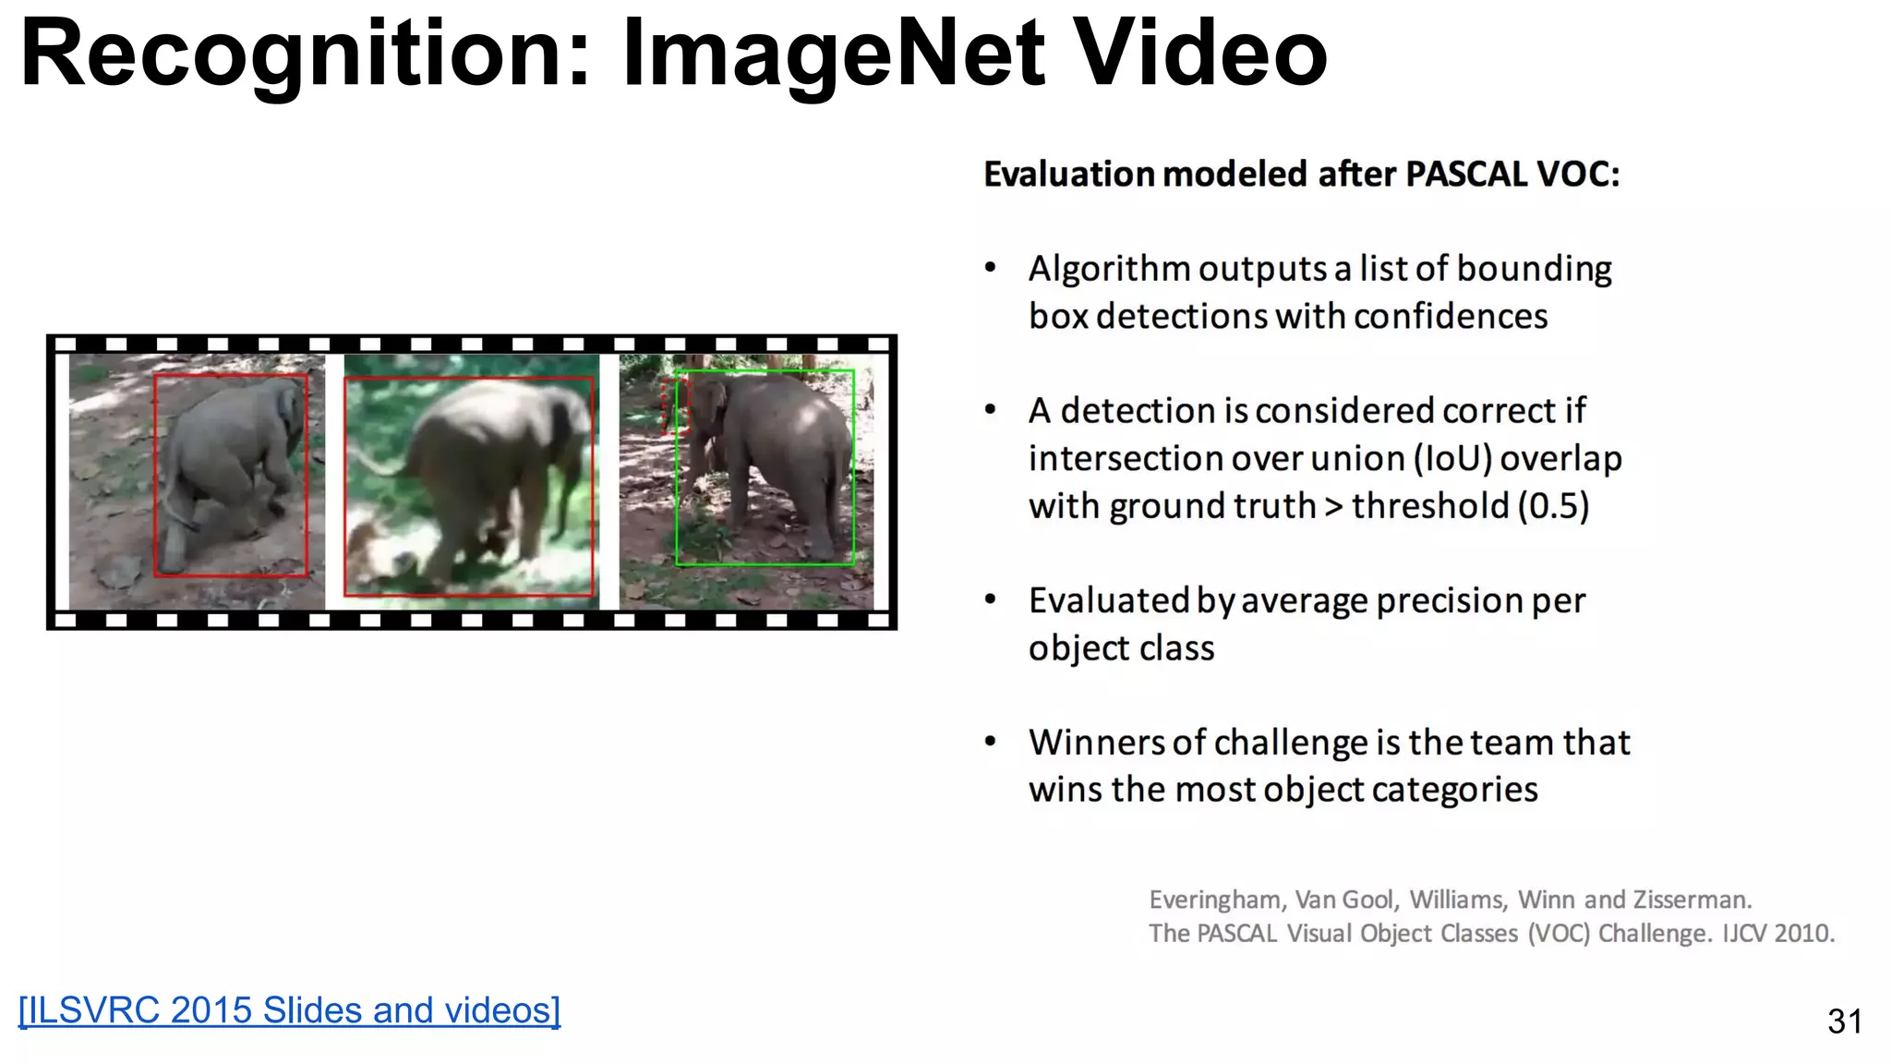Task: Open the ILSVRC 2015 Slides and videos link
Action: tap(289, 1010)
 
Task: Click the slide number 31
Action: tap(1844, 1022)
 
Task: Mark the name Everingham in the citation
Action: tap(1214, 900)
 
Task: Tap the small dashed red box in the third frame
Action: tap(675, 405)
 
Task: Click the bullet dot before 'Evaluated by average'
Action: tap(991, 600)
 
